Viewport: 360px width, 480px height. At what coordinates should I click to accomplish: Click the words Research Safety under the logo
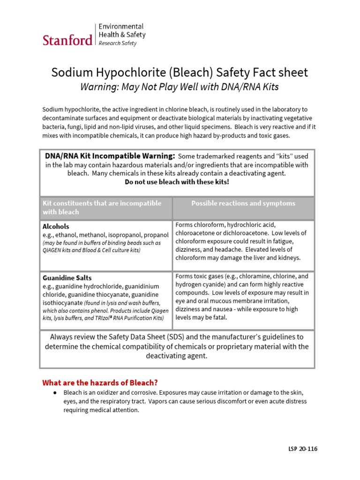pyautogui.click(x=117, y=43)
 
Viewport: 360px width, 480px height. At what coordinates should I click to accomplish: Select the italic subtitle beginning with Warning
pyautogui.click(x=180, y=87)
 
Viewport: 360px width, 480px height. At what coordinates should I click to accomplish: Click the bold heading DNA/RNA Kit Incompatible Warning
pyautogui.click(x=110, y=156)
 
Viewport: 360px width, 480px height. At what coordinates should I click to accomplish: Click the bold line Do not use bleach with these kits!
pyautogui.click(x=177, y=182)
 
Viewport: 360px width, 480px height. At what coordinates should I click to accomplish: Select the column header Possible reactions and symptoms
pyautogui.click(x=243, y=203)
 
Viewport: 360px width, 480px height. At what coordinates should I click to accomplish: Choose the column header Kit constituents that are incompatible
pyautogui.click(x=102, y=203)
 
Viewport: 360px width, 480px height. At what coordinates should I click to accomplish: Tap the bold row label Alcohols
pyautogui.click(x=56, y=226)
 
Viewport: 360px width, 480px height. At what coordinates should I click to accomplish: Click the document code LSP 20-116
pyautogui.click(x=303, y=449)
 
